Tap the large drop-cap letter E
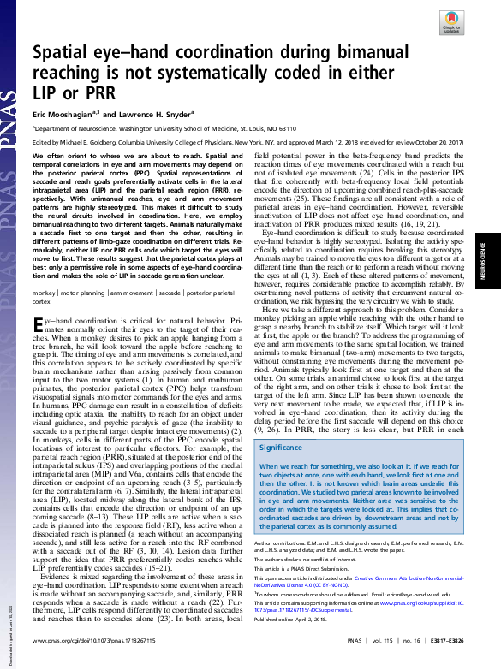click(39, 323)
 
